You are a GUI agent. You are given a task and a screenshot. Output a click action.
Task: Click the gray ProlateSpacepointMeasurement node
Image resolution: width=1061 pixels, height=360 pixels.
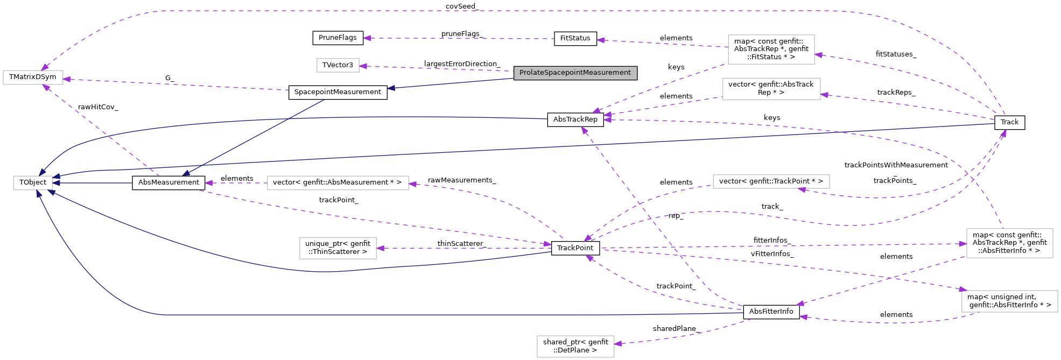(x=575, y=73)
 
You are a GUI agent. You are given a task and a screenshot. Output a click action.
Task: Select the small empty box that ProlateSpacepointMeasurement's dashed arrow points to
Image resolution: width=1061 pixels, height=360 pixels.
(x=338, y=65)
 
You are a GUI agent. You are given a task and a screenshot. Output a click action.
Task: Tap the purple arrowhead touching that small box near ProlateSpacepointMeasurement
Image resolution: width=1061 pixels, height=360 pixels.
(x=363, y=66)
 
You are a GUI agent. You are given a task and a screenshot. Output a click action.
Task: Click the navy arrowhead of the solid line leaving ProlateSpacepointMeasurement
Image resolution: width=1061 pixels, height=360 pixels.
(x=391, y=88)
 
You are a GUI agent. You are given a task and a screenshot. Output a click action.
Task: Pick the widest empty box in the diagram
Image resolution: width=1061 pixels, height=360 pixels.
(x=338, y=183)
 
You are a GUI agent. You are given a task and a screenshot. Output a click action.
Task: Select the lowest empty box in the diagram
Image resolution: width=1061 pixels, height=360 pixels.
(x=575, y=347)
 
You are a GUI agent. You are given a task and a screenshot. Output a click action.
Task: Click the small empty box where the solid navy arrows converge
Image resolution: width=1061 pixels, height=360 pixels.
(x=33, y=183)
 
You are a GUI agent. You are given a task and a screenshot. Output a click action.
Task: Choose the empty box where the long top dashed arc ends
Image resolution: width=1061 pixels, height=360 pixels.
(x=33, y=77)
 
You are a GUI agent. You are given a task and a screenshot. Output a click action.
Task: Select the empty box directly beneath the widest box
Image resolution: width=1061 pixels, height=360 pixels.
(x=338, y=248)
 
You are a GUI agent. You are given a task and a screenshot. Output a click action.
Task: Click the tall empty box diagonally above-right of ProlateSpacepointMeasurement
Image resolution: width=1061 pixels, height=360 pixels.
(x=771, y=50)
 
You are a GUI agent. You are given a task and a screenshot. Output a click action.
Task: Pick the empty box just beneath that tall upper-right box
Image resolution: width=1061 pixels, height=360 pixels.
(x=771, y=89)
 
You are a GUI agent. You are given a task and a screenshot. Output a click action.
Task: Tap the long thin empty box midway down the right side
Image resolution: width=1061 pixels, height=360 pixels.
(x=771, y=181)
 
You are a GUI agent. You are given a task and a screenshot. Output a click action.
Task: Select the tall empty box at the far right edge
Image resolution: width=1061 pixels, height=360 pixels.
(x=1009, y=243)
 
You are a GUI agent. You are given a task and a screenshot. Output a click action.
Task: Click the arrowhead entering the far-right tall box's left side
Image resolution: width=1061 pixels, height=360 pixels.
(x=962, y=244)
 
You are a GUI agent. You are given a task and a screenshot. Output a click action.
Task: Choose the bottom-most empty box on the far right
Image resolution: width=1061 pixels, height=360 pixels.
(x=1009, y=301)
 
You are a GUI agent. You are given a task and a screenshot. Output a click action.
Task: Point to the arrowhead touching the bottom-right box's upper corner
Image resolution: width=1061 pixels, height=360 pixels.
(x=963, y=290)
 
